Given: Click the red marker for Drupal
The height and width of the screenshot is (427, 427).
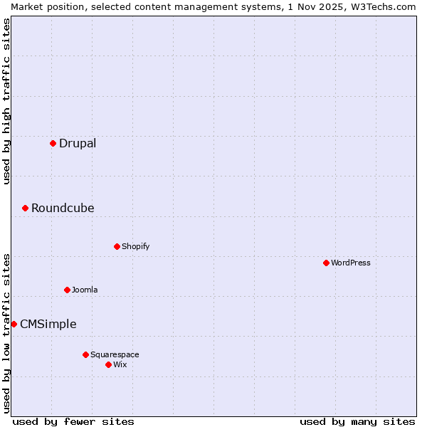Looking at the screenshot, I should click(53, 143).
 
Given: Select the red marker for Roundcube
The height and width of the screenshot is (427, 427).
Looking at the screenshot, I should click(25, 208).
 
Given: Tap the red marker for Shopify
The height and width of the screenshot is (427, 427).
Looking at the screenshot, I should click(117, 246).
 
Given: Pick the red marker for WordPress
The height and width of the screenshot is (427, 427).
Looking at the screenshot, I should click(326, 263).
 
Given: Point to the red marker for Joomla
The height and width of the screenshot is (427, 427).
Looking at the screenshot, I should click(67, 290).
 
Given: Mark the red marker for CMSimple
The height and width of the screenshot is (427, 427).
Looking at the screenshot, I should click(14, 324).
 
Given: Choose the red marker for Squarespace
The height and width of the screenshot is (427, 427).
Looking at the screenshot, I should click(85, 354).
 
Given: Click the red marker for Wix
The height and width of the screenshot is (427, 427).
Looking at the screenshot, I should click(108, 364).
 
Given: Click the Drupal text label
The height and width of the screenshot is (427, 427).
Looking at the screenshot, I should click(78, 144).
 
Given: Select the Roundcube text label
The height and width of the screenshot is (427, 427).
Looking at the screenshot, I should click(63, 209).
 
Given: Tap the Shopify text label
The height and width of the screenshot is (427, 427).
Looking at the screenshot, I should click(135, 247).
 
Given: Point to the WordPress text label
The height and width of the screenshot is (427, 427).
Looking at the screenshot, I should click(351, 263).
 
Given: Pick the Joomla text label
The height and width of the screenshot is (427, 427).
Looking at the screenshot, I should click(85, 290).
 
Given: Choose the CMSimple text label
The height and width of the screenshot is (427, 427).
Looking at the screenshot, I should click(48, 325).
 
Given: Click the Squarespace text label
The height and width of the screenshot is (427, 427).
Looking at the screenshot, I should click(115, 355).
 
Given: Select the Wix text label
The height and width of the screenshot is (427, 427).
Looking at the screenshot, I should click(120, 365).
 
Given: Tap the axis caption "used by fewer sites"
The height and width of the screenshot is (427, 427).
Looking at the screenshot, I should click(73, 421).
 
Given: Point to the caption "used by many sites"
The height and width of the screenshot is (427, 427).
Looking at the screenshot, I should click(357, 421).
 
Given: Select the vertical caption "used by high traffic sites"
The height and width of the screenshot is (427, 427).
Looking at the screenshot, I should click(6, 102).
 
